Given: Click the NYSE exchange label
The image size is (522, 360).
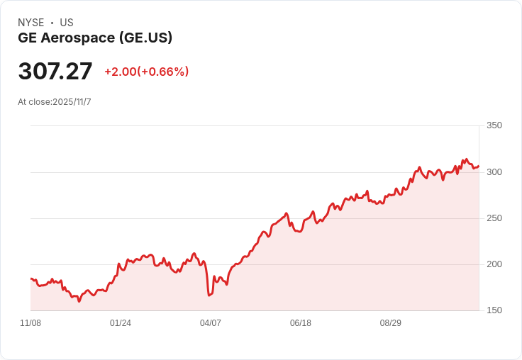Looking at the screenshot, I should [30, 23].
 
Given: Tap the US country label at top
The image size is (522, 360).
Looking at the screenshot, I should [67, 23].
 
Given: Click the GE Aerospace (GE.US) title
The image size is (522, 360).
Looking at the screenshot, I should [95, 38].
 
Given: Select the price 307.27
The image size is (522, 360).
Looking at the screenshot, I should [55, 72].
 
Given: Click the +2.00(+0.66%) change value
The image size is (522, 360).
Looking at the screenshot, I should [146, 72].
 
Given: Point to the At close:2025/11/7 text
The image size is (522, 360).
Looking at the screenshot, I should [55, 102].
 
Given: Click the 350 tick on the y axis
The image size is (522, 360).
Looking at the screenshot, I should [494, 125].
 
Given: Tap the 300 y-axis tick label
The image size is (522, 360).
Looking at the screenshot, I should [494, 172].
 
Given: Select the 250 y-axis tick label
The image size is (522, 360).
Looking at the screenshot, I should [494, 218].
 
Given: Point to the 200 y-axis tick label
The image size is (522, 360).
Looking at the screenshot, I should [494, 264].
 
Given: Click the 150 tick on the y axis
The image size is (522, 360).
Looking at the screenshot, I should [494, 310].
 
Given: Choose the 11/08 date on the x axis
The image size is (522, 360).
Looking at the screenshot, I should [30, 323].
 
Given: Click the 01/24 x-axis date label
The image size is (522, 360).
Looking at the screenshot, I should [121, 323].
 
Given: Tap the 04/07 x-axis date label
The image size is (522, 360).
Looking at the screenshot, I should [211, 323].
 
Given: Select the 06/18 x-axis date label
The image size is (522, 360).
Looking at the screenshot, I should [301, 323].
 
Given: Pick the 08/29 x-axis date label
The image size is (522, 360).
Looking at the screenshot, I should [391, 323].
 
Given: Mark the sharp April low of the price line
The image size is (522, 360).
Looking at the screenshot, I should [209, 295].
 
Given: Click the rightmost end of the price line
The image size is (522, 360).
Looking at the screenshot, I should [479, 167].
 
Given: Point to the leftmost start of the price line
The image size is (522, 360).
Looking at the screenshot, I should [30, 279].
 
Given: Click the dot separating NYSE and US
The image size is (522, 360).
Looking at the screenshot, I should [52, 23].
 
